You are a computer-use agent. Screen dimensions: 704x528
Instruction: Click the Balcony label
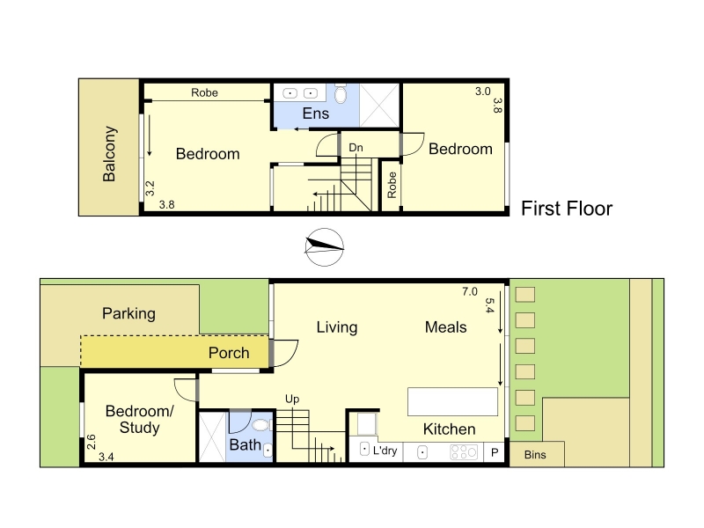(x=109, y=153)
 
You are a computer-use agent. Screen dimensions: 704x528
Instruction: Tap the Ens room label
(x=316, y=114)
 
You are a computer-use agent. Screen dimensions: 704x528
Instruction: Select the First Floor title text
(x=567, y=209)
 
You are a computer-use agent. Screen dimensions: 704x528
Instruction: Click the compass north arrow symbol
(x=324, y=247)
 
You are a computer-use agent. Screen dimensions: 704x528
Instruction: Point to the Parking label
(x=128, y=313)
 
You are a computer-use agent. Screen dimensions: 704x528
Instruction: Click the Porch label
(x=229, y=353)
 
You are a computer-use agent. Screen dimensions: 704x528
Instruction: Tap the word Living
(x=337, y=327)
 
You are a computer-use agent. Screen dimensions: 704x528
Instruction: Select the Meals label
(x=446, y=326)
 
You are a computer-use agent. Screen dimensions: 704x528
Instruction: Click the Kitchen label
(x=449, y=429)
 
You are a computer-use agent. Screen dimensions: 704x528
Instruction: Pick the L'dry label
(x=385, y=451)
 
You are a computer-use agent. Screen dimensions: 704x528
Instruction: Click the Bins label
(x=535, y=455)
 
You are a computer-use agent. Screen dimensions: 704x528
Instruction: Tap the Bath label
(x=246, y=445)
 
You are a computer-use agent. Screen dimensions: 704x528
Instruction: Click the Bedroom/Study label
(x=140, y=420)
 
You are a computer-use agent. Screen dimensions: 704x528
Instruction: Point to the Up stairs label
(x=292, y=400)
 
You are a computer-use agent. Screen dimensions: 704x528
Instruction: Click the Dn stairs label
(x=356, y=148)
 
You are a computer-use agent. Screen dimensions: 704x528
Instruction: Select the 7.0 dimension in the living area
(x=470, y=292)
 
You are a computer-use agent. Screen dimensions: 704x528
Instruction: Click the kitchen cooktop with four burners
(x=464, y=452)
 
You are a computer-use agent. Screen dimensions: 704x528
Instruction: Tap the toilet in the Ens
(x=341, y=93)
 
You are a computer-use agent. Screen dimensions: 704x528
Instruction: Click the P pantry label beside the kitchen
(x=495, y=452)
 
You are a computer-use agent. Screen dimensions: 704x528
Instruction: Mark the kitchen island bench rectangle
(x=452, y=402)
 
